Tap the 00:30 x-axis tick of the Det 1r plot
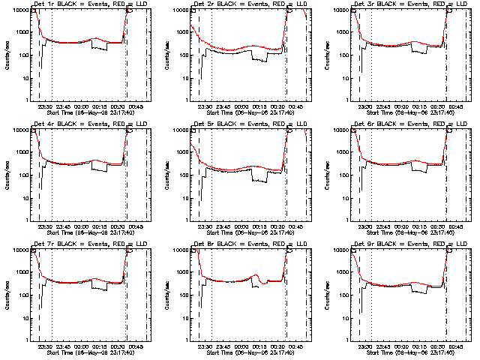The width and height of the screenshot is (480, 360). point(118,106)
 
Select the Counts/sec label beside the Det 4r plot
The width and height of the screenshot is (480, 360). point(9,174)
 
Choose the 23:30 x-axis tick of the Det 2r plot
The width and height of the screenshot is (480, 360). point(205,106)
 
